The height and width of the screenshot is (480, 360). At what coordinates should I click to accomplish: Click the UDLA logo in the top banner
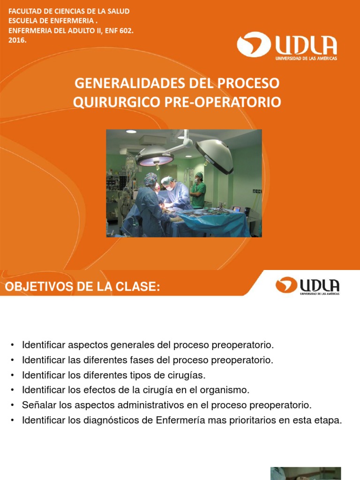coord(287,45)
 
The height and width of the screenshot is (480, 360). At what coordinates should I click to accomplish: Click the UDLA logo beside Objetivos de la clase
coord(307,285)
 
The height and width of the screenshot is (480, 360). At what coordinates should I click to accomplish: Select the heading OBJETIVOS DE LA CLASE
coord(82,287)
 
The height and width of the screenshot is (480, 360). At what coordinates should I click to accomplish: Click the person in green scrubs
coord(198,190)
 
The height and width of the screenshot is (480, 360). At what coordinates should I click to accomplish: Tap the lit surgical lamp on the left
coord(155,156)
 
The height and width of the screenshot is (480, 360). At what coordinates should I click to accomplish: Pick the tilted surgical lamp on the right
coord(215,155)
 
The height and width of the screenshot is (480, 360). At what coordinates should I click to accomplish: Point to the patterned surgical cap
coord(150,178)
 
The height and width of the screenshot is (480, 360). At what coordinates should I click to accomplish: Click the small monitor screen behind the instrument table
coord(236,209)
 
